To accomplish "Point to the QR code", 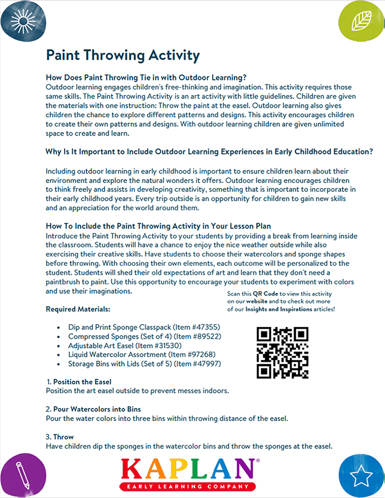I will (x=283, y=353).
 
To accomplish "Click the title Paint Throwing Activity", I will (x=123, y=56).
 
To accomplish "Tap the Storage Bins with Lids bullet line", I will (x=145, y=364).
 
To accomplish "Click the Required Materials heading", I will (x=78, y=309).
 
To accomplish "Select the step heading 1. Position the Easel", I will (x=79, y=382).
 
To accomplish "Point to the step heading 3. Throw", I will (x=60, y=437).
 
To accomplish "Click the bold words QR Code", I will (x=267, y=294).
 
